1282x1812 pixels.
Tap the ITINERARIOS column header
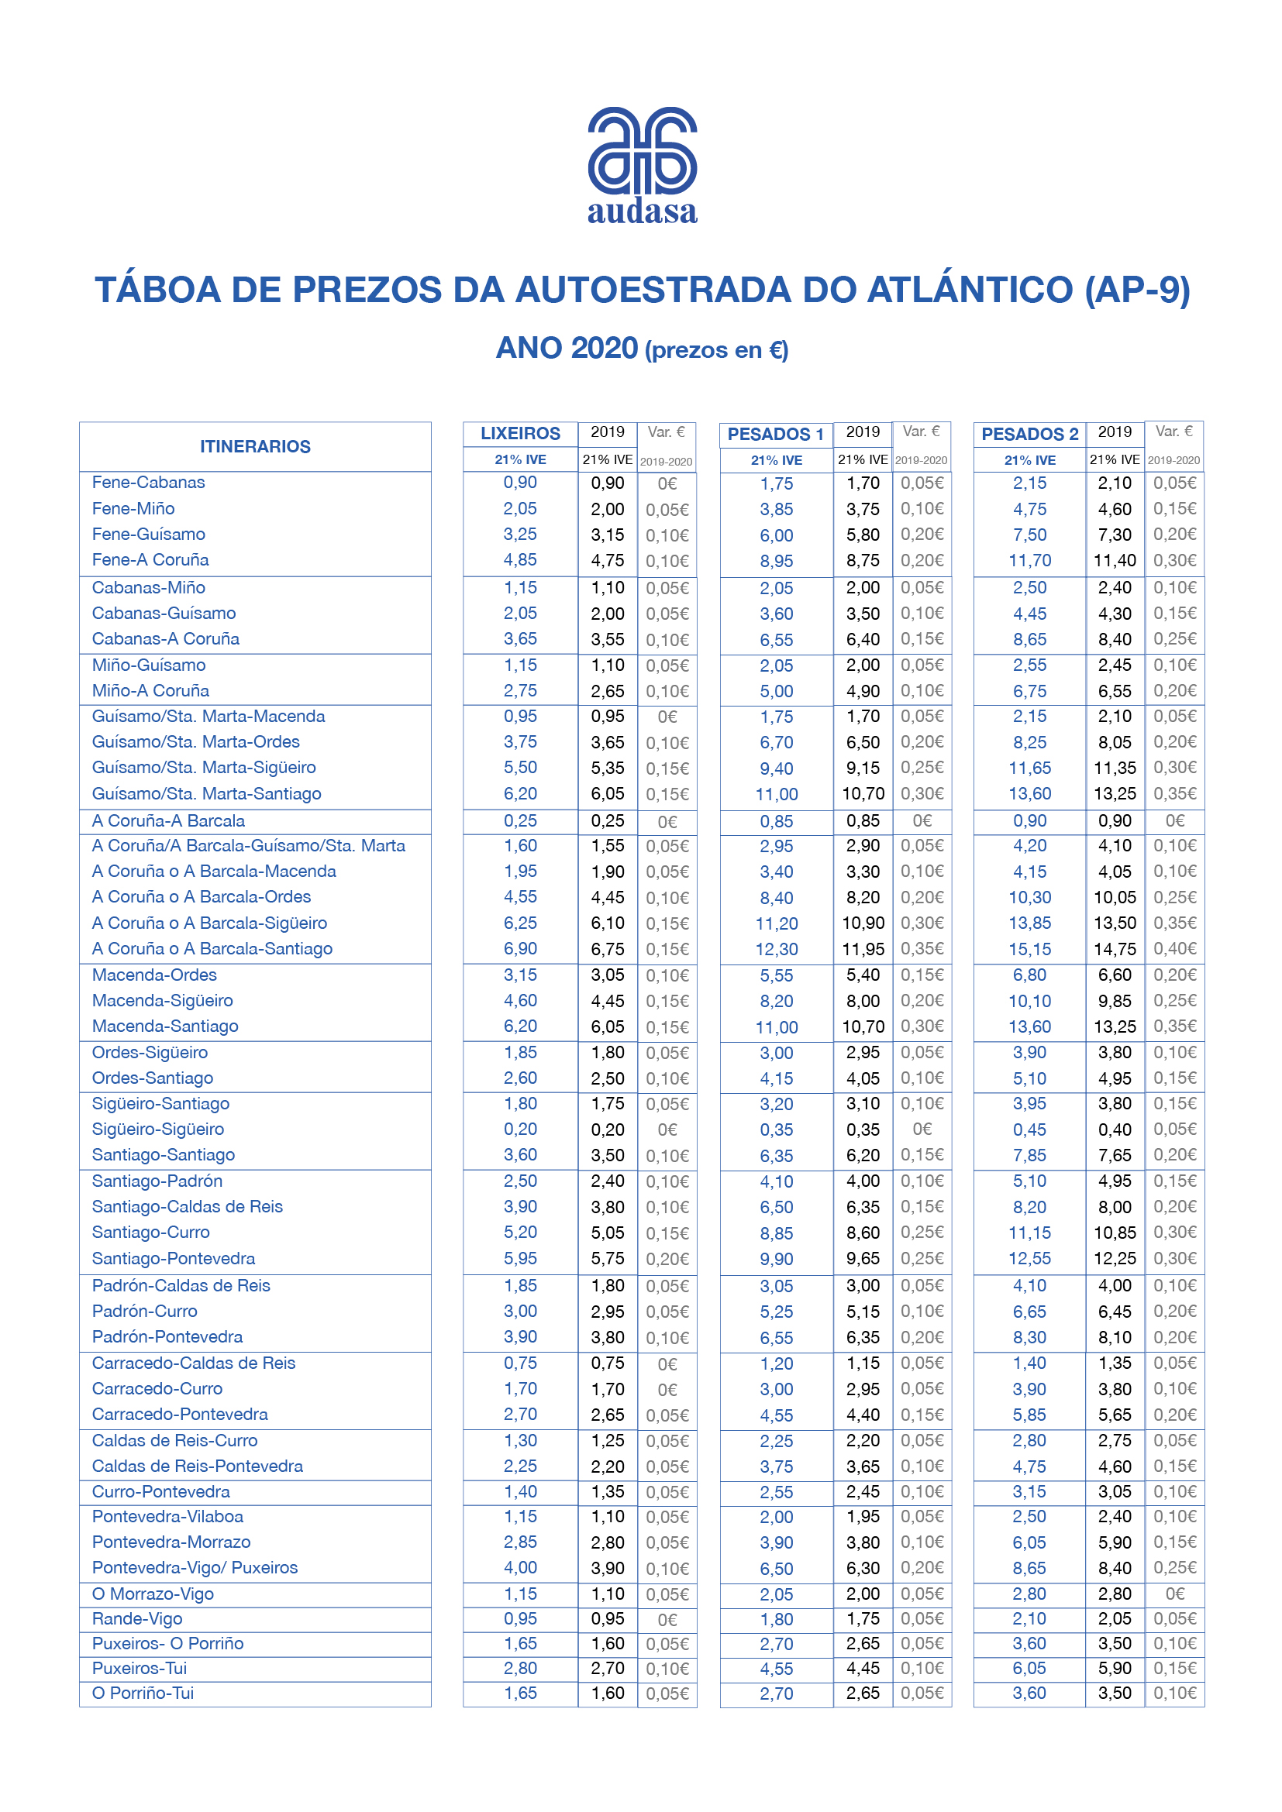pyautogui.click(x=255, y=447)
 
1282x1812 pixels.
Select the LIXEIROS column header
pyautogui.click(x=520, y=433)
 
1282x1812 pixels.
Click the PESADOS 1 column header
pyautogui.click(x=775, y=434)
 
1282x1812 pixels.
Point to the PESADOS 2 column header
pyautogui.click(x=1029, y=434)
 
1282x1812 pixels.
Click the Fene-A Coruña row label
pyautogui.click(x=150, y=559)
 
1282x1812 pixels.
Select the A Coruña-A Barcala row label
pyautogui.click(x=168, y=820)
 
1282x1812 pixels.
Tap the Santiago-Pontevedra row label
pyautogui.click(x=173, y=1258)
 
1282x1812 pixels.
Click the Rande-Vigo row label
pyautogui.click(x=137, y=1618)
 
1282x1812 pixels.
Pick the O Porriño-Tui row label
pyautogui.click(x=143, y=1693)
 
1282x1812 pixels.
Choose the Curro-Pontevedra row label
pyautogui.click(x=161, y=1491)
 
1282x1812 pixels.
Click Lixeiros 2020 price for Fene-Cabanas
pyautogui.click(x=520, y=482)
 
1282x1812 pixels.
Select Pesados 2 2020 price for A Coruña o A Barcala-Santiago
pyautogui.click(x=1029, y=950)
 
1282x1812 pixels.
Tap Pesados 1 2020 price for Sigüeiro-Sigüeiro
pyautogui.click(x=776, y=1130)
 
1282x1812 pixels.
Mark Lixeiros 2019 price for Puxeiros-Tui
pyautogui.click(x=607, y=1669)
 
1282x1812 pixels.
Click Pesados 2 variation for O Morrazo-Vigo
pyautogui.click(x=1174, y=1594)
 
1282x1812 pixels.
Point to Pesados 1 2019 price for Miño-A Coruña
pyautogui.click(x=863, y=691)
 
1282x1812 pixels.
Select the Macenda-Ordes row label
pyautogui.click(x=154, y=975)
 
